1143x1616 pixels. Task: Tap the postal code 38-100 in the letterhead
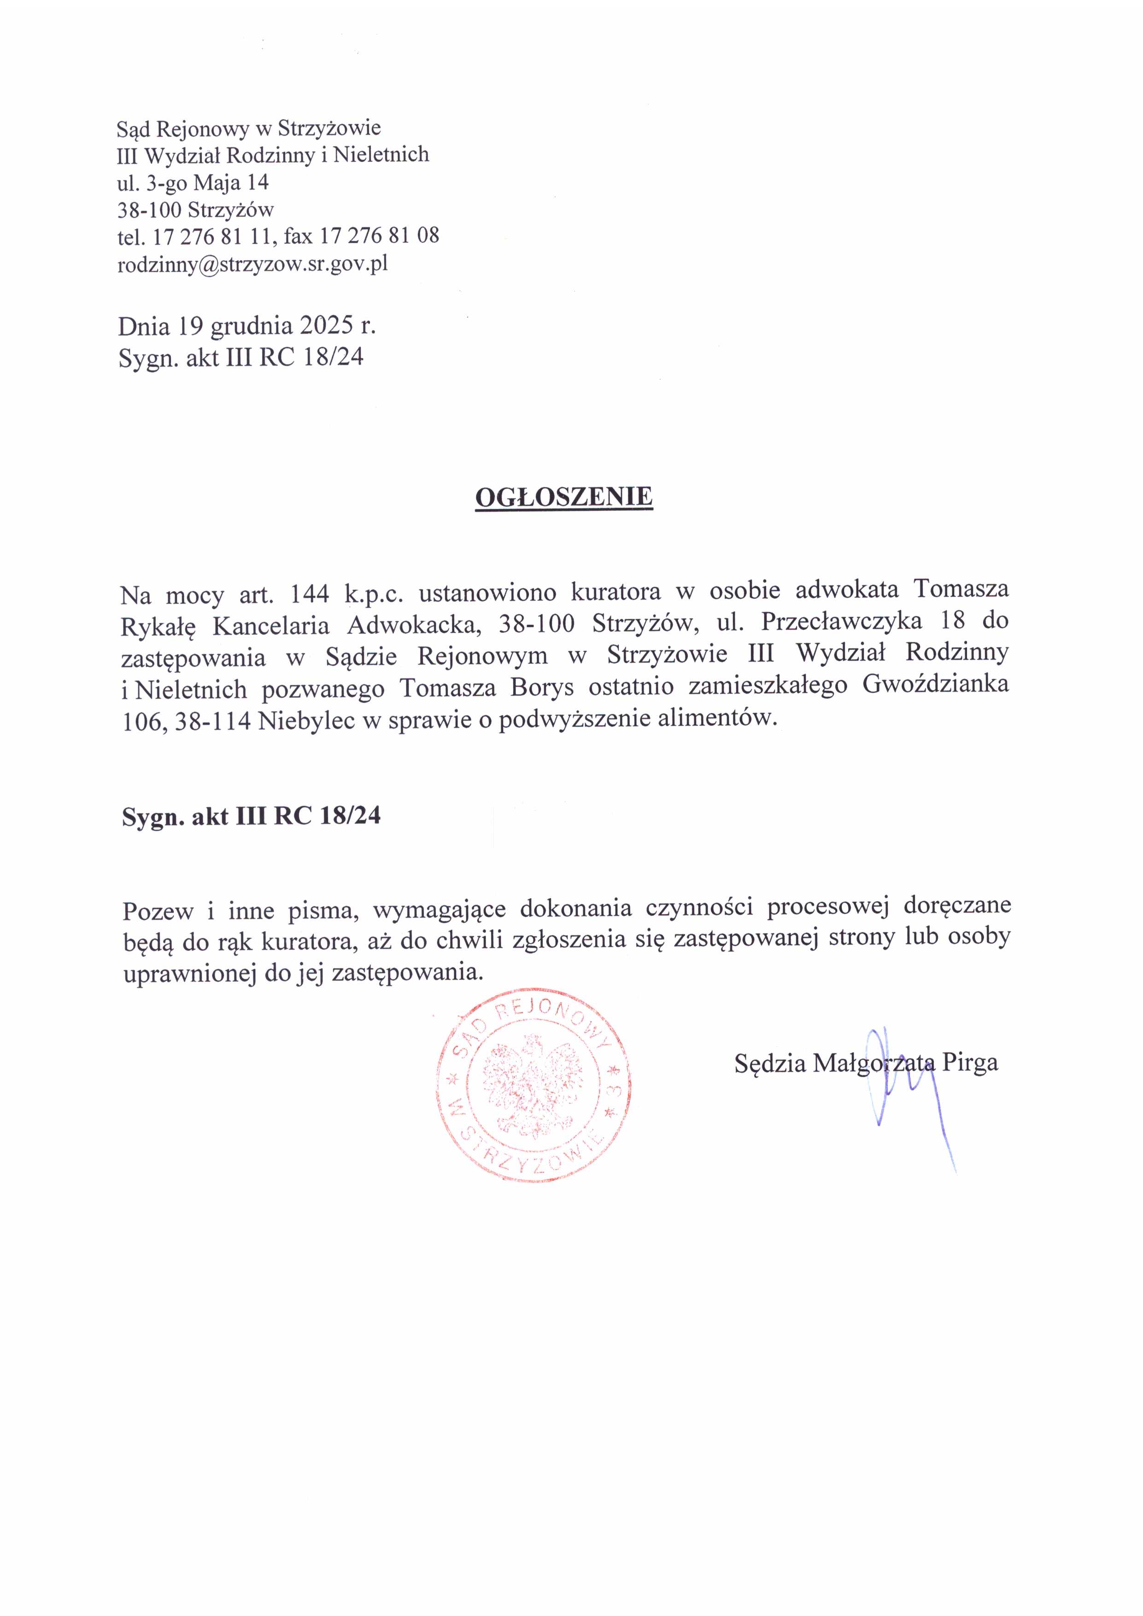[x=149, y=209]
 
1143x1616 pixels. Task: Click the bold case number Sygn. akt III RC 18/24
[x=251, y=815]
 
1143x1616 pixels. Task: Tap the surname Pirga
[x=970, y=1062]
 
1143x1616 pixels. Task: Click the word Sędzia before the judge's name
[x=770, y=1062]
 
